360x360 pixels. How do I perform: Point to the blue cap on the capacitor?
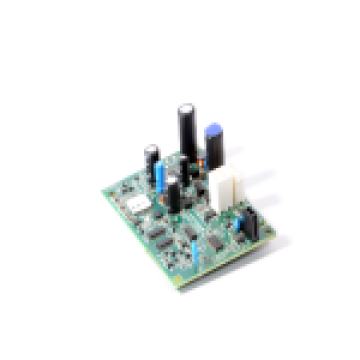213,131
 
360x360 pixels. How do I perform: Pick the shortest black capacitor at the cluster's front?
173,196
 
